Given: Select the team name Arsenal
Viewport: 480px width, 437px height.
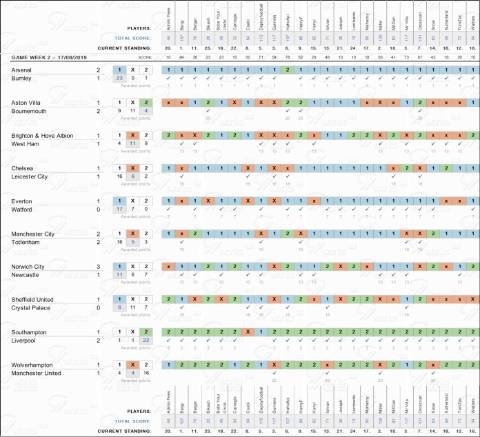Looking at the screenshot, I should (x=23, y=70).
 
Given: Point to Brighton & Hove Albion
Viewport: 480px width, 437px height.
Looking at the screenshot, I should (x=42, y=136).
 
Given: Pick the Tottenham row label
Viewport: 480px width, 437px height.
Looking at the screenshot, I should (x=26, y=242).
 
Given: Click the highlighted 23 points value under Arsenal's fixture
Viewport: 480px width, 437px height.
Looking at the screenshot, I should (x=120, y=79).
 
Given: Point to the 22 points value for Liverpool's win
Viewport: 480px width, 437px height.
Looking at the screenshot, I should (x=146, y=341).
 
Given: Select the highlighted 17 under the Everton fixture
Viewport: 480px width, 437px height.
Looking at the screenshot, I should (x=120, y=209).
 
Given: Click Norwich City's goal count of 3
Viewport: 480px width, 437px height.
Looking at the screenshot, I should (x=99, y=266).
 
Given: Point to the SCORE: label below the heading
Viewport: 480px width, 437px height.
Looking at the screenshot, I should (x=143, y=57).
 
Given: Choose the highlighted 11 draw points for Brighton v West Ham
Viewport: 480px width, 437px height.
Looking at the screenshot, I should (x=133, y=143).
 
